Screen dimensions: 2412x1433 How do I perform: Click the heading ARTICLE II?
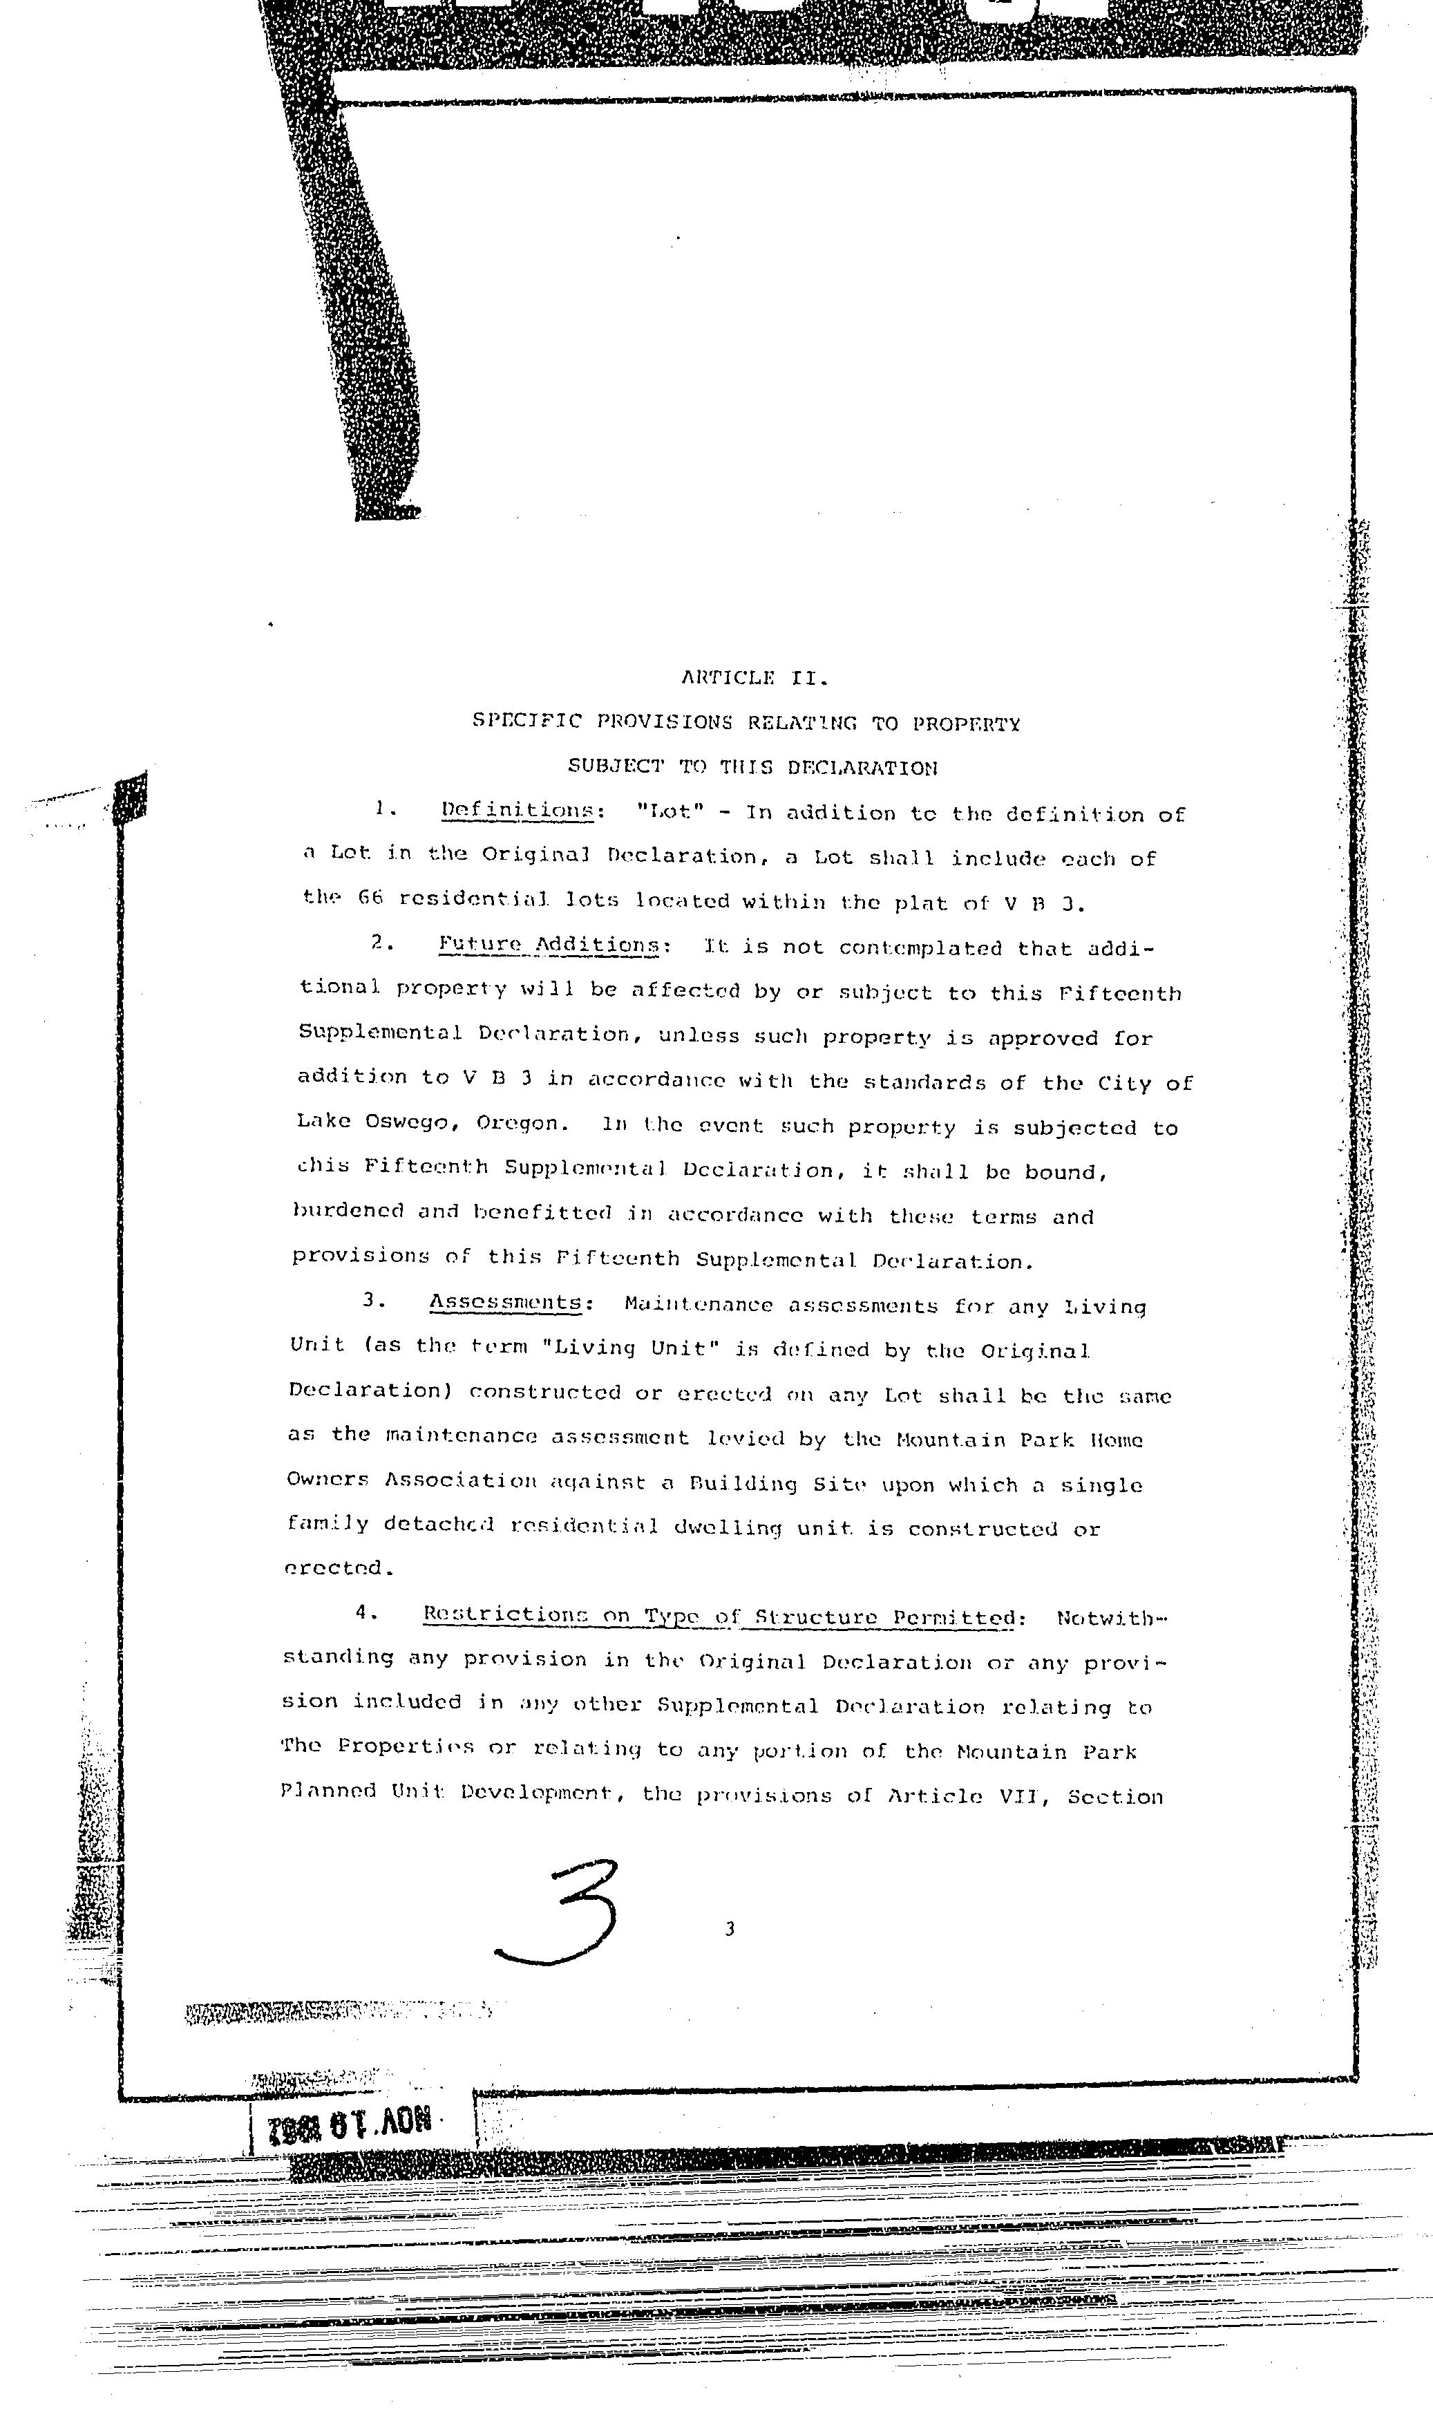tap(755, 678)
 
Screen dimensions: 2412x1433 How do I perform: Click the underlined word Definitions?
tap(518, 811)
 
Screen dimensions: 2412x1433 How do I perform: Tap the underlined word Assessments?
tap(506, 1303)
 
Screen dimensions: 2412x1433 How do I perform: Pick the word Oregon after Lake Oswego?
tap(518, 1124)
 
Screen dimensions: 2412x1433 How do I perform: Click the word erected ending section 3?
tap(334, 1569)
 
